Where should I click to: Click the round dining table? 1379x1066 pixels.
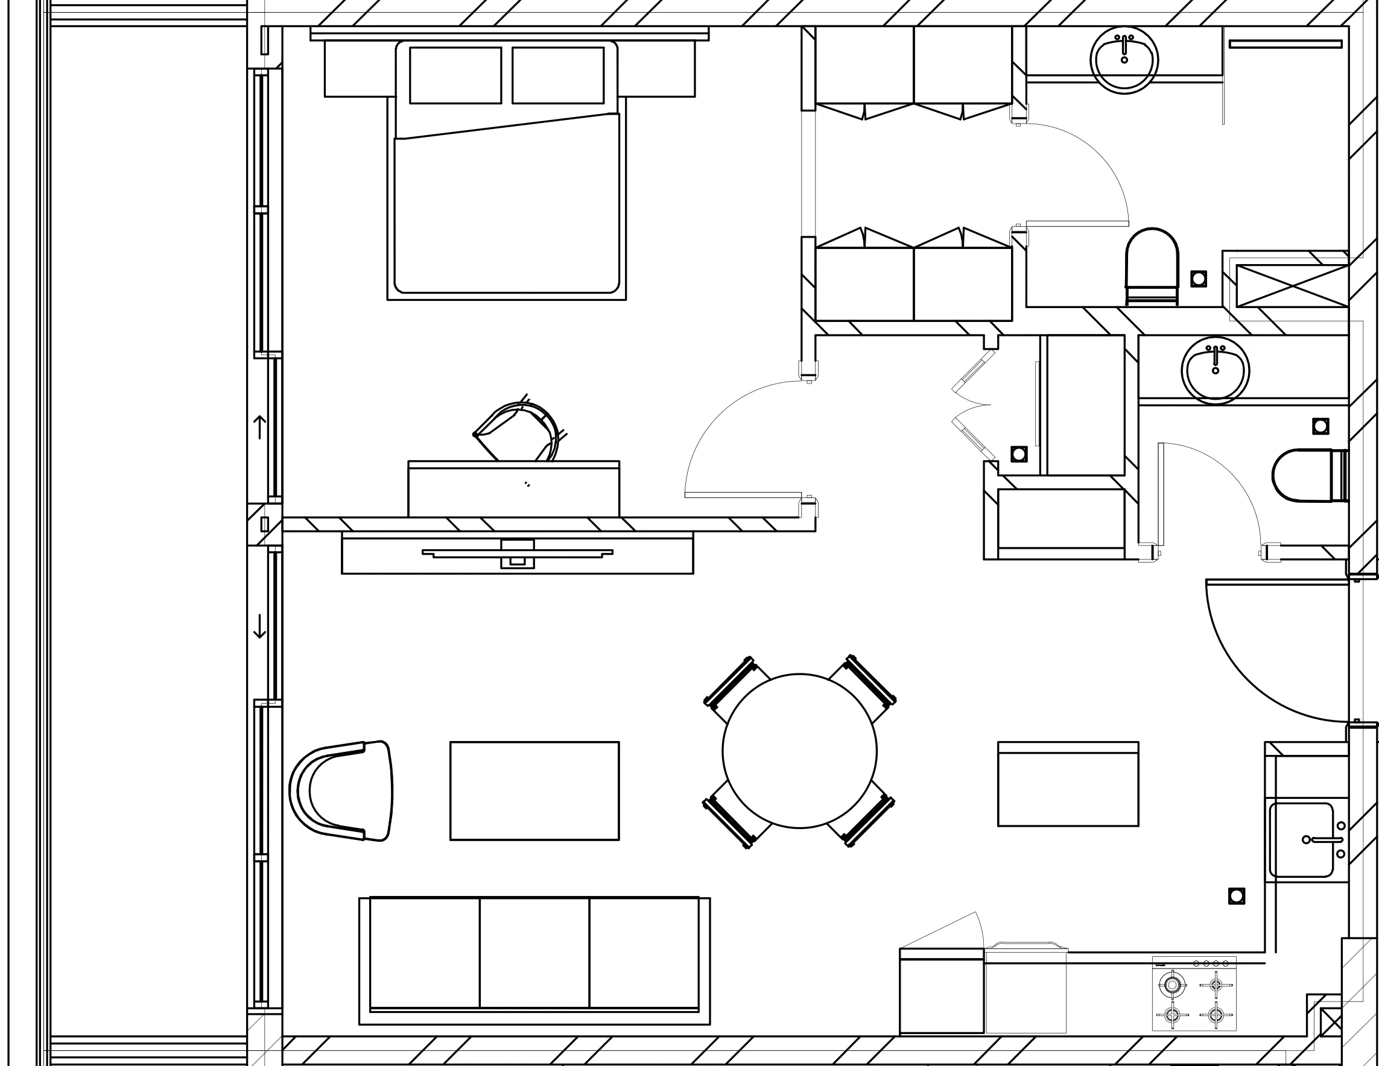(799, 751)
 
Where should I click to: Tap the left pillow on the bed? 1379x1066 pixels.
(455, 75)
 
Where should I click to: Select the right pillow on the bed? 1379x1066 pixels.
(557, 75)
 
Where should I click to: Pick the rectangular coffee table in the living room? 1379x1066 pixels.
(534, 790)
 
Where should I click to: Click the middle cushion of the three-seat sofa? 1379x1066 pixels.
(534, 952)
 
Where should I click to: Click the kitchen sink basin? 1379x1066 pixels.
(1301, 839)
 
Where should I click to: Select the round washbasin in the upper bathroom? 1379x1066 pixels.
(1124, 60)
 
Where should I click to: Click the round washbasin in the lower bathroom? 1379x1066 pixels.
(1215, 370)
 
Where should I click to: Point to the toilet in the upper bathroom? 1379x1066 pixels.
(1152, 265)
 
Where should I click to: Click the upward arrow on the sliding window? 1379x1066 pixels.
(259, 427)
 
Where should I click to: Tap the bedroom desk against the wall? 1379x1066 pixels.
(513, 489)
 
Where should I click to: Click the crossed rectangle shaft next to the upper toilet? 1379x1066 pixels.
(1292, 286)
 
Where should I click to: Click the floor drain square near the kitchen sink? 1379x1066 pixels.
(1236, 895)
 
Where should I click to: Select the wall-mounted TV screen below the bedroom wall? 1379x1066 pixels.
(517, 553)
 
